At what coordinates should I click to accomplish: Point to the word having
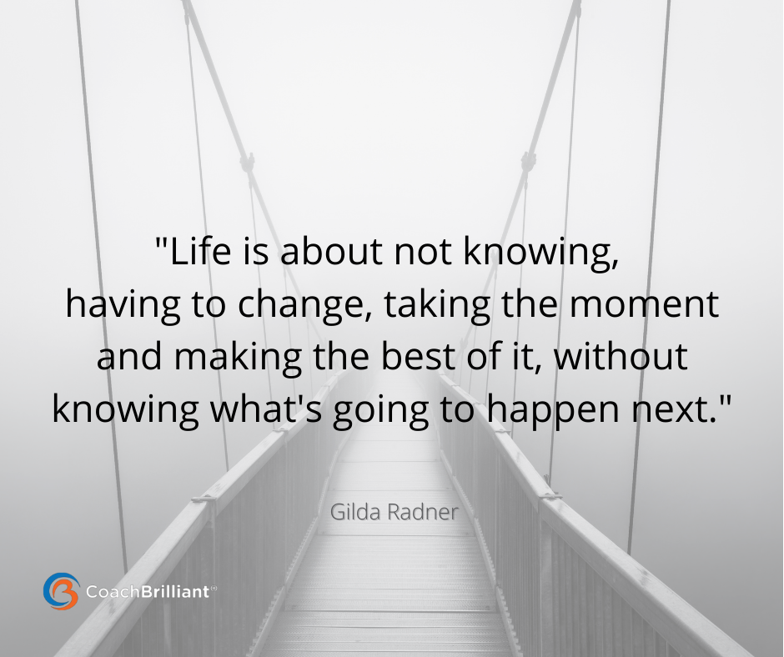[123, 306]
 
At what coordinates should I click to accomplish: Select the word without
[621, 356]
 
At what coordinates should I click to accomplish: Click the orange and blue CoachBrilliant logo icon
[61, 591]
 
